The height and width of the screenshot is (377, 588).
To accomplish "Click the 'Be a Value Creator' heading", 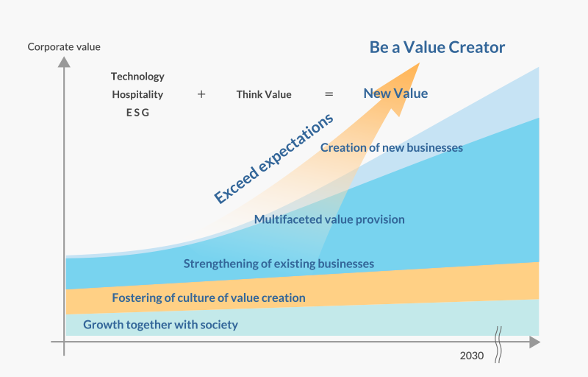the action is coord(437,47).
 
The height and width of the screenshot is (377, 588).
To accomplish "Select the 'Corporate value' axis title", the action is coord(64,47).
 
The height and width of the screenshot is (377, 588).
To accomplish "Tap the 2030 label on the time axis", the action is coord(472,356).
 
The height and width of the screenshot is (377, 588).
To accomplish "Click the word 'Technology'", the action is coord(137,77).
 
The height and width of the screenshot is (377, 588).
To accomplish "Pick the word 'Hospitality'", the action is coord(137,95).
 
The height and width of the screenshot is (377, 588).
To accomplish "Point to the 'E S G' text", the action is coord(137,113).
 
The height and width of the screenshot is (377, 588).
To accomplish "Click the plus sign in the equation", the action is coord(201,94).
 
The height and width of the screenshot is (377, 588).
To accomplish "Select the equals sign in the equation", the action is coord(329,94).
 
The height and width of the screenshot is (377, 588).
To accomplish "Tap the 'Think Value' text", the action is coord(264,95).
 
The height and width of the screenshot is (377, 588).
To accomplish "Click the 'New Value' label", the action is coord(395,94).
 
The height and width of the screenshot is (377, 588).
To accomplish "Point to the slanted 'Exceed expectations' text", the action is coord(273,158).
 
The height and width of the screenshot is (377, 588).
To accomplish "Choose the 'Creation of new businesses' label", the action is coord(392,147).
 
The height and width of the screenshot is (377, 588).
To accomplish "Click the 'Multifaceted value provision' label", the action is coord(329,219).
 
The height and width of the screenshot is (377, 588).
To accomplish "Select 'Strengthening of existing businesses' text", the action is coord(279,264).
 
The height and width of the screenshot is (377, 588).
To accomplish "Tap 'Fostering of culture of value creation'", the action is coord(209,297).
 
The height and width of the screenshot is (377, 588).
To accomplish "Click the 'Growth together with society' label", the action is coord(160,325).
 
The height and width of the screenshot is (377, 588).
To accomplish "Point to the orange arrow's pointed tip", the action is coord(419,63).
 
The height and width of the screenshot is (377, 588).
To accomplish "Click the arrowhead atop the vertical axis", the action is coord(64,62).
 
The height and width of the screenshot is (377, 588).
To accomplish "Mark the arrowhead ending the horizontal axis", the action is coord(535,342).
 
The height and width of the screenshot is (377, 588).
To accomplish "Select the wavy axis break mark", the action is coord(498,345).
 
